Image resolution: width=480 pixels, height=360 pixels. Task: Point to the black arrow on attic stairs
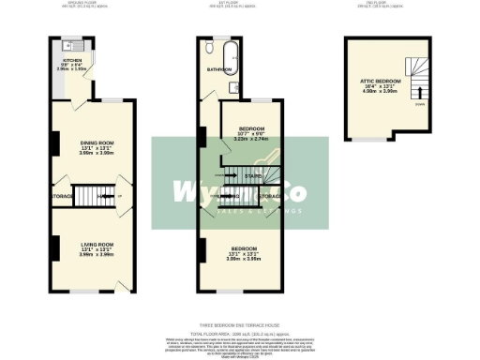pos(419,92)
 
